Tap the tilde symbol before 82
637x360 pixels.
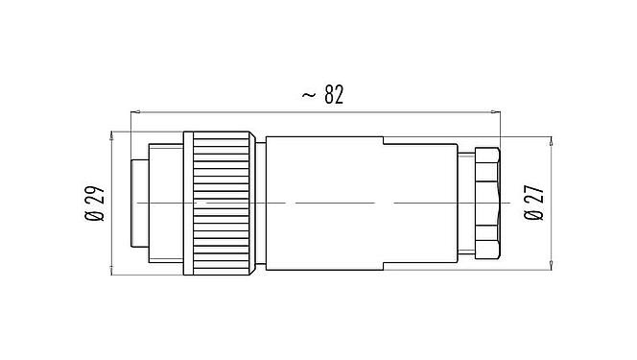pos(309,95)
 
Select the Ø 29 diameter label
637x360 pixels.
pos(94,204)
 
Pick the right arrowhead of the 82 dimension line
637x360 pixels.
pos(500,112)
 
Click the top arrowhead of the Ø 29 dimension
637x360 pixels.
pos(114,133)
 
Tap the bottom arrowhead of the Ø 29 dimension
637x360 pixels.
pos(114,272)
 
